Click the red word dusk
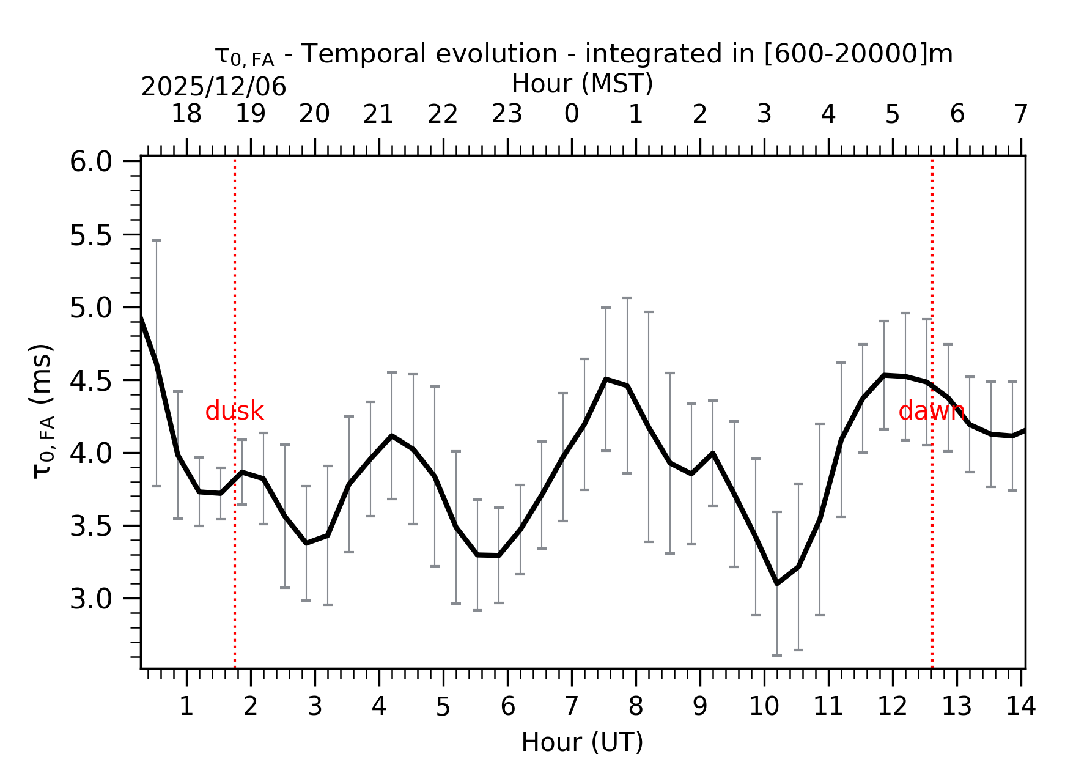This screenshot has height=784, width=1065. [x=234, y=412]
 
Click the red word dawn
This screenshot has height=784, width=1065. [x=931, y=412]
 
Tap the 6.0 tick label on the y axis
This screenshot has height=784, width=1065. [x=90, y=162]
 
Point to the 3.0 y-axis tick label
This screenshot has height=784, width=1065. [x=90, y=599]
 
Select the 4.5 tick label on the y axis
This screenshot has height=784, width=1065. [x=90, y=381]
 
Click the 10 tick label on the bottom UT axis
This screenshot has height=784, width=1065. [x=764, y=707]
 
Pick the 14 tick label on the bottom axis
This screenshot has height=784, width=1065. [x=1020, y=707]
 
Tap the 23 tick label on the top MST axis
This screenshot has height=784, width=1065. [x=507, y=114]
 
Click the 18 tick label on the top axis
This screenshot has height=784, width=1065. [x=186, y=114]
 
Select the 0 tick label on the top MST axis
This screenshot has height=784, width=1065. [x=572, y=114]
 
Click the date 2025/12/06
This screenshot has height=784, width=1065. [x=213, y=87]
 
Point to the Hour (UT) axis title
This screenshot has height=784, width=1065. [x=582, y=742]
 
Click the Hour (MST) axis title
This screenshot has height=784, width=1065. [x=582, y=84]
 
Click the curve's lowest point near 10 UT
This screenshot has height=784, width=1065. [x=777, y=583]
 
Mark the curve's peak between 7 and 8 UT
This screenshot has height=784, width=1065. [x=606, y=379]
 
